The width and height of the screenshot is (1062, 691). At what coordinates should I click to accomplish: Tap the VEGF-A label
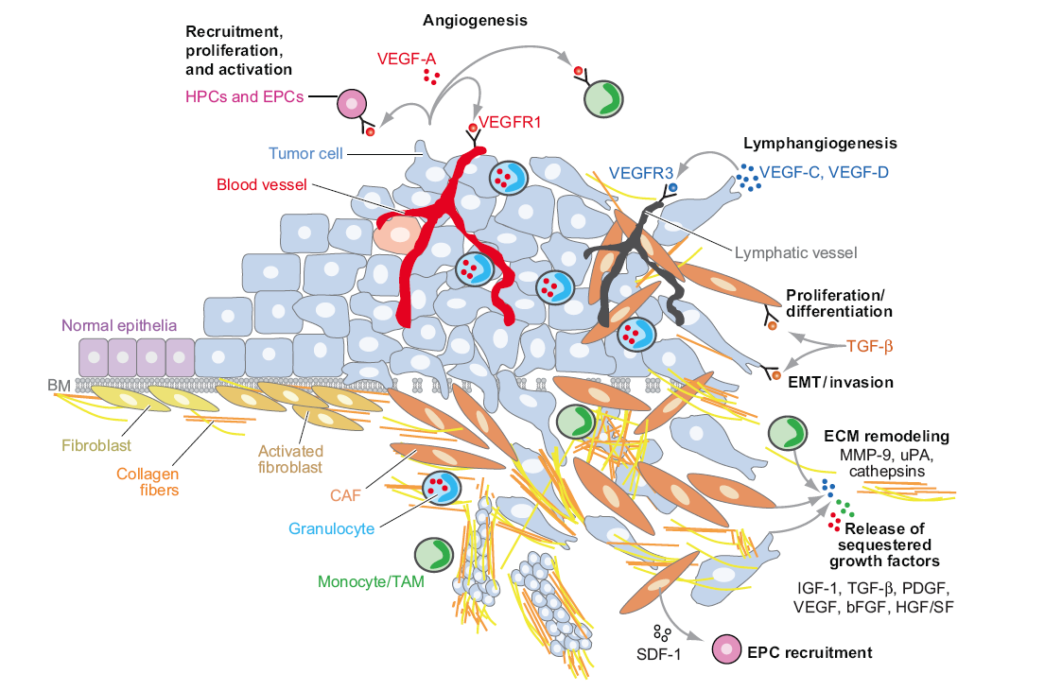click(x=406, y=58)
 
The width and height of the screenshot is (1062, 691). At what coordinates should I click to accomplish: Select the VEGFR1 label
click(x=509, y=121)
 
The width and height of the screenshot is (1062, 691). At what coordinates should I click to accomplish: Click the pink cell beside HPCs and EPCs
click(x=354, y=104)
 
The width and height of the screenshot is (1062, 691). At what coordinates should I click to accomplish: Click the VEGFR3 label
click(x=641, y=173)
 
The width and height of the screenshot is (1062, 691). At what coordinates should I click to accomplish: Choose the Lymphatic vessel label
click(x=795, y=252)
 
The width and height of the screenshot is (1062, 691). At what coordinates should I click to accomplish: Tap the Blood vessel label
click(x=261, y=184)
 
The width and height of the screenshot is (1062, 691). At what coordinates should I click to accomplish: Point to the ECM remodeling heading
click(x=886, y=436)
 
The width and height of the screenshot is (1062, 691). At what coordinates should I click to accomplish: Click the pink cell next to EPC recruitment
click(x=727, y=651)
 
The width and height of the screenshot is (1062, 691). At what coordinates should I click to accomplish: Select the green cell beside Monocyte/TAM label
click(x=432, y=556)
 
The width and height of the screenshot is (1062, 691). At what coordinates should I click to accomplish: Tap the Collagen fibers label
click(x=148, y=482)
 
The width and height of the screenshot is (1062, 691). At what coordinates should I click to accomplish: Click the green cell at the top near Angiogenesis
click(x=601, y=98)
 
